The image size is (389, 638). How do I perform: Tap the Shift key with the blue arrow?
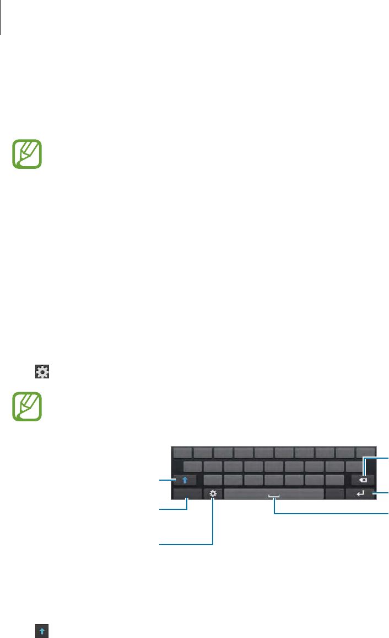pyautogui.click(x=185, y=480)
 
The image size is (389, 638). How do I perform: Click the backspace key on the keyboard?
pyautogui.click(x=363, y=479)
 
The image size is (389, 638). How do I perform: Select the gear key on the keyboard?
pyautogui.click(x=213, y=493)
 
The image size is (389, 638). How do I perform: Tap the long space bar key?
pyautogui.click(x=274, y=493)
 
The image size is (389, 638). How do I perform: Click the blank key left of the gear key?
pyautogui.click(x=187, y=493)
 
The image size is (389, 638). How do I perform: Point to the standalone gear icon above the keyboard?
pyautogui.click(x=42, y=372)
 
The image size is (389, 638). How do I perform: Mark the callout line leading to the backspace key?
pyautogui.click(x=377, y=457)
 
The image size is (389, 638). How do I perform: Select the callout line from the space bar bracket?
pyautogui.click(x=331, y=514)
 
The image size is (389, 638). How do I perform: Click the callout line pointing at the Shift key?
pyautogui.click(x=166, y=480)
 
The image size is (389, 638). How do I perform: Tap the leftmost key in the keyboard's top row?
pyautogui.click(x=182, y=452)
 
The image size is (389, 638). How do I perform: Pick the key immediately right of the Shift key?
pyautogui.click(x=213, y=480)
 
